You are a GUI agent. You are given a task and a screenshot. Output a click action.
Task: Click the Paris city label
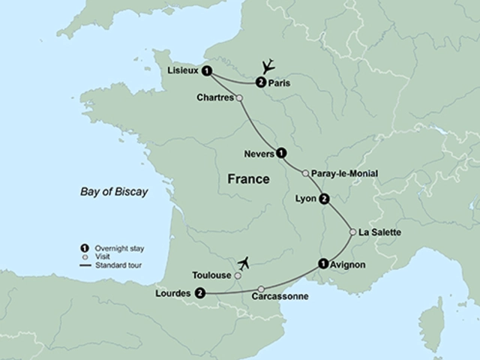point(280,82)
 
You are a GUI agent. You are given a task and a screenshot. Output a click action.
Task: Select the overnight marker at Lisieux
point(208,70)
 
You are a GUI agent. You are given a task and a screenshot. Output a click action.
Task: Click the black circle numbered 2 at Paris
point(260,82)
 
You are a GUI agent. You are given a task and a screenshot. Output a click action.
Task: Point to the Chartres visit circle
point(239,97)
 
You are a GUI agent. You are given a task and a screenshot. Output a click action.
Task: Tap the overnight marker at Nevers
point(281,153)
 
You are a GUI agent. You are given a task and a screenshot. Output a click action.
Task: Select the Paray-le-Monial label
point(344,173)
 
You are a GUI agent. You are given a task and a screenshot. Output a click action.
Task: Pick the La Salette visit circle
point(352,232)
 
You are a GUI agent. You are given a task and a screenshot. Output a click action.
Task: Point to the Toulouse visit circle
point(238,276)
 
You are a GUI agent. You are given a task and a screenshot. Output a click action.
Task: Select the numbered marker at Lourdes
point(200,293)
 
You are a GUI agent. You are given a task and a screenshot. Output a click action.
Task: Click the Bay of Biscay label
point(114,192)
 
